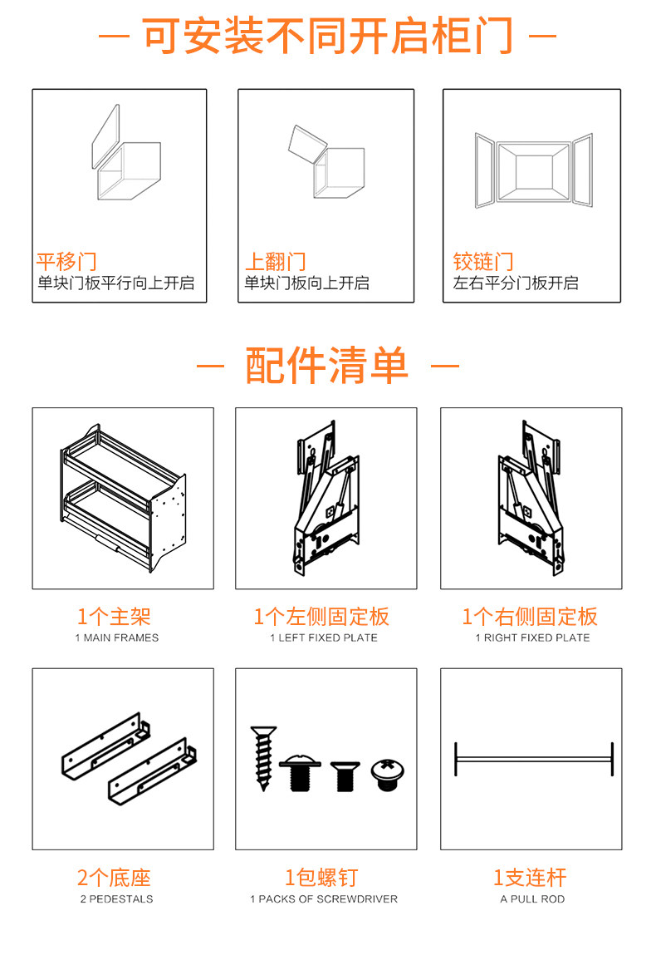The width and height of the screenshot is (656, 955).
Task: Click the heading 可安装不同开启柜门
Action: [x=327, y=36]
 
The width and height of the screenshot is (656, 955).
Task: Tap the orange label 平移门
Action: [x=66, y=262]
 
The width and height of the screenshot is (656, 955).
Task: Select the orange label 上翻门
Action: [x=275, y=262]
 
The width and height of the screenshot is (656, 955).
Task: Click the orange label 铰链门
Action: [x=483, y=262]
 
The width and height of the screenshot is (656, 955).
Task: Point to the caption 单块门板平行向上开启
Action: [x=116, y=283]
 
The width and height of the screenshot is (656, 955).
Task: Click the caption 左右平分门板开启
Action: [x=516, y=283]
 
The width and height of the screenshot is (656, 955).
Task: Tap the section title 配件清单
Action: [x=327, y=366]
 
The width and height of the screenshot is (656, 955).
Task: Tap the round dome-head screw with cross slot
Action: [x=387, y=773]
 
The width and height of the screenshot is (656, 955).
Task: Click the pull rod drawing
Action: [x=533, y=759]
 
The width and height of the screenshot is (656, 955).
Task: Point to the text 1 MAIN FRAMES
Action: [x=116, y=638]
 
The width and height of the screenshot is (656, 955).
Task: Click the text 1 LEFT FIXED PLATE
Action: [x=324, y=638]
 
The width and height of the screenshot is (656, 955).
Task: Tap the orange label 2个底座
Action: [x=115, y=878]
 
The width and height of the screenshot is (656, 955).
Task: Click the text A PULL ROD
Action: [x=532, y=899]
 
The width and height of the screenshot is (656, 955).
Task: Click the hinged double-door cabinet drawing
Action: [x=533, y=171]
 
